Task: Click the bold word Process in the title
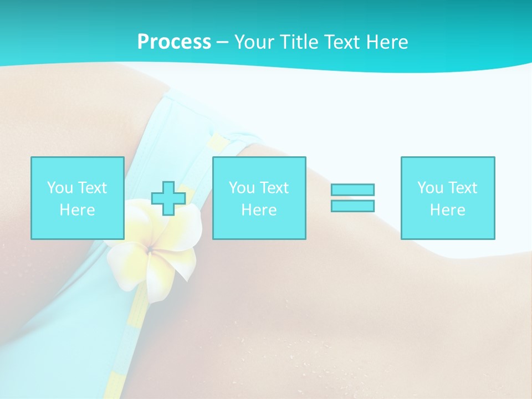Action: coord(174,42)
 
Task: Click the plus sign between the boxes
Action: coord(168,198)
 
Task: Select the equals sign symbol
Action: coord(352,198)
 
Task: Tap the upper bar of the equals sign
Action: coord(352,190)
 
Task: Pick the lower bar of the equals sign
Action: coord(352,206)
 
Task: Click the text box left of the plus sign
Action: coord(77,198)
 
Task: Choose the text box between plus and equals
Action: coord(259,198)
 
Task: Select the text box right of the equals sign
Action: coord(447,198)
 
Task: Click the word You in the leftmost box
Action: coord(60,188)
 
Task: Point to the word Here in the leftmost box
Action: coord(77,210)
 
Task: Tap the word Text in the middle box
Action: coord(274,188)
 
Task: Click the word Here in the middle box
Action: coord(259,210)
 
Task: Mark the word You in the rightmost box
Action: coord(430,188)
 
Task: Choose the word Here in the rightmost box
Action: coord(447,210)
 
